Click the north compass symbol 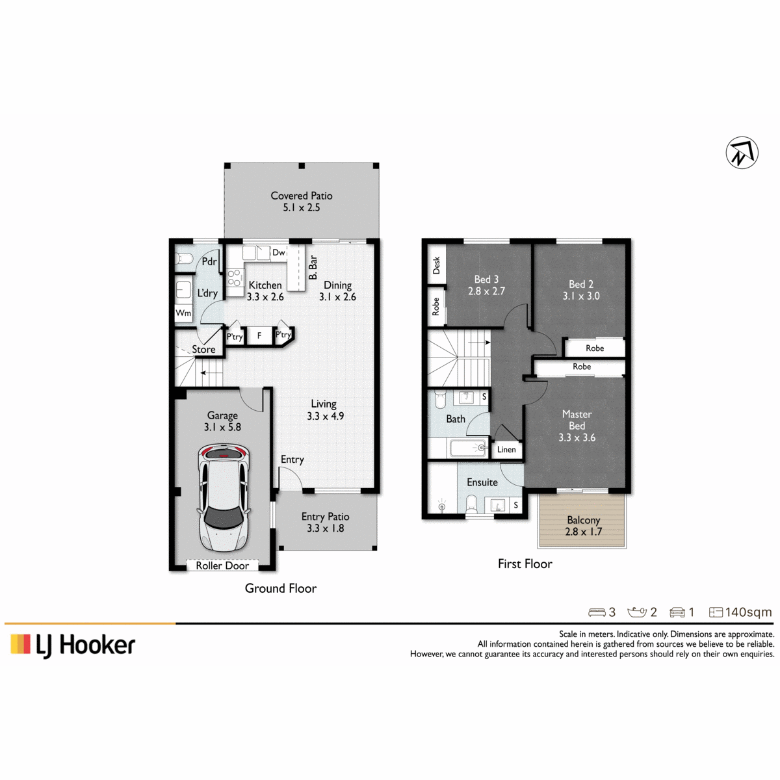[x=742, y=153]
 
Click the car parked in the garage [x=223, y=498]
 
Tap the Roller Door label [x=222, y=565]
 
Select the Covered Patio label [x=302, y=196]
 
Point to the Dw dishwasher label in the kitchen [x=278, y=252]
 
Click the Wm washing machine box [x=183, y=313]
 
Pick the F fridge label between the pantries [x=259, y=335]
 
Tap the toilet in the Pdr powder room [x=184, y=258]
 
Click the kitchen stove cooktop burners [x=234, y=278]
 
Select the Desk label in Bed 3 [x=436, y=265]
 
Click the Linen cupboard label [x=506, y=449]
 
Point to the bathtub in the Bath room [x=469, y=448]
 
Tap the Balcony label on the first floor [x=583, y=520]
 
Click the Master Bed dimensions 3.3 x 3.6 [x=577, y=437]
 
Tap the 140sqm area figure [x=748, y=612]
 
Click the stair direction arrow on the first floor [x=479, y=343]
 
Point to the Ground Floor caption [x=281, y=588]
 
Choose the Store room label [x=203, y=349]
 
